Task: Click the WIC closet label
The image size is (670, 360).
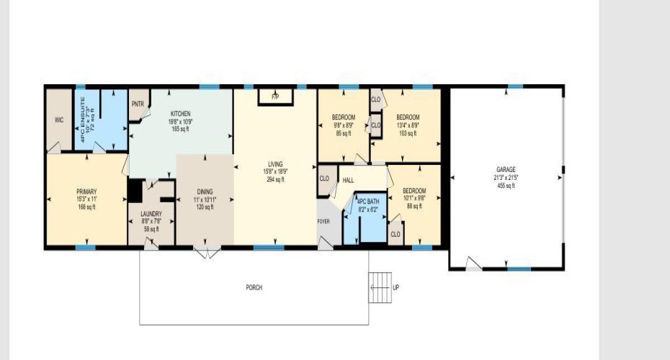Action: pyautogui.click(x=59, y=120)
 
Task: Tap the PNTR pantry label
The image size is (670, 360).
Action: pyautogui.click(x=138, y=104)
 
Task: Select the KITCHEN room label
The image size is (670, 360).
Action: pyautogui.click(x=180, y=114)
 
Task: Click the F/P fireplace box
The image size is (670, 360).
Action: pyautogui.click(x=274, y=96)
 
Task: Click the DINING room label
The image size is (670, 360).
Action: pyautogui.click(x=205, y=192)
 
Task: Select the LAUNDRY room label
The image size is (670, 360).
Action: pyautogui.click(x=151, y=214)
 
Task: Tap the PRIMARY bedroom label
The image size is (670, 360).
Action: pyautogui.click(x=86, y=192)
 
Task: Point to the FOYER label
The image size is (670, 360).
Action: pyautogui.click(x=323, y=221)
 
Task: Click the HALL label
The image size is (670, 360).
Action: pyautogui.click(x=348, y=180)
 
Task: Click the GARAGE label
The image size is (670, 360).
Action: pyautogui.click(x=505, y=169)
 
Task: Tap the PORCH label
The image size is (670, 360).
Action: pyautogui.click(x=254, y=287)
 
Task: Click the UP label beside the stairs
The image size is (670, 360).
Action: pyautogui.click(x=396, y=287)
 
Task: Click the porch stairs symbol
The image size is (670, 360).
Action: pyautogui.click(x=379, y=288)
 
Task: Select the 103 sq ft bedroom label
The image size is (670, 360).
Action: pyautogui.click(x=408, y=133)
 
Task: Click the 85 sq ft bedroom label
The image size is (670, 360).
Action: pyautogui.click(x=342, y=133)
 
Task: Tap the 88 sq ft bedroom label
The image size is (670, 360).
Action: pyautogui.click(x=414, y=207)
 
